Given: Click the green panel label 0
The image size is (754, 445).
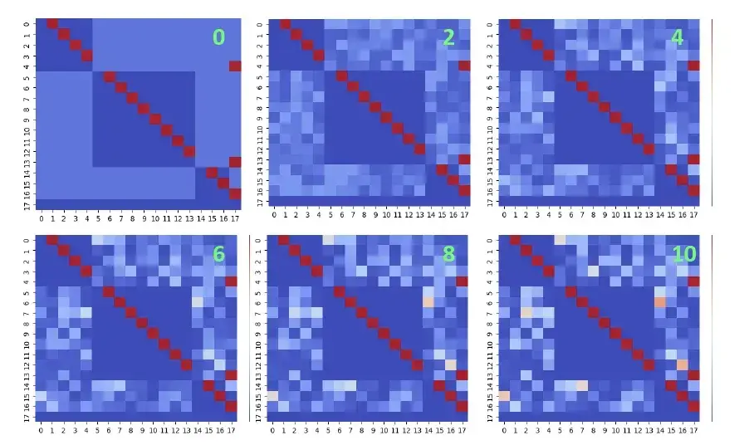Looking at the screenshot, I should [x=218, y=37].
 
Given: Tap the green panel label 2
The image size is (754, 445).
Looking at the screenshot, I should [x=449, y=37].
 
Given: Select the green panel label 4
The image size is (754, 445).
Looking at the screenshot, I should [x=677, y=37].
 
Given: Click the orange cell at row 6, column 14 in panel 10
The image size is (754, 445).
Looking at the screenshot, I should [x=660, y=302].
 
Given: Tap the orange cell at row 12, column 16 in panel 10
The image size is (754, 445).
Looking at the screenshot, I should [x=683, y=364].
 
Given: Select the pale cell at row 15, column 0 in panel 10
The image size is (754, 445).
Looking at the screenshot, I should [x=503, y=396].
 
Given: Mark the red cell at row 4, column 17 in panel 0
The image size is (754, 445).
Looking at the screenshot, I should [x=235, y=66].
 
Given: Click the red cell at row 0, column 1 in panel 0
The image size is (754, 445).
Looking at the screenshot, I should [x=52, y=24].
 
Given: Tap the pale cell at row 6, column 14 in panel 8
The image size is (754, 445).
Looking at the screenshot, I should [x=428, y=302].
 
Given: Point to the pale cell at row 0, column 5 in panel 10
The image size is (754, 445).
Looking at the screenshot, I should [x=560, y=240].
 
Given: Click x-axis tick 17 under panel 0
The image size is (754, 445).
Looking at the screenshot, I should [x=235, y=219].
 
